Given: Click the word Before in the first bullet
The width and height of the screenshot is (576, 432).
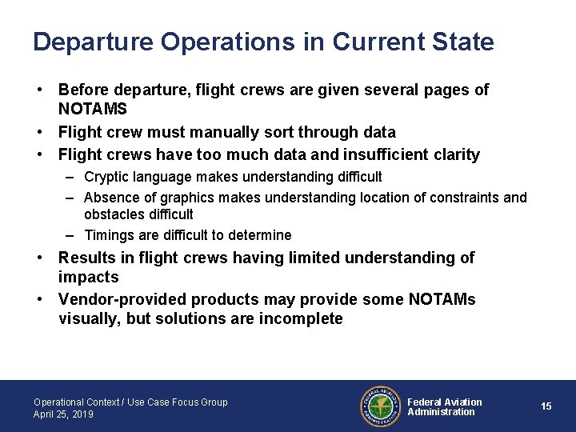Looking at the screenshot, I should pyautogui.click(x=84, y=90).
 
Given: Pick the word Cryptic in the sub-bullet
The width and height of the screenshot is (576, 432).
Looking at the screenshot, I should pyautogui.click(x=108, y=176).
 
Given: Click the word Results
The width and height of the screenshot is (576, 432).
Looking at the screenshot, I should pyautogui.click(x=86, y=258).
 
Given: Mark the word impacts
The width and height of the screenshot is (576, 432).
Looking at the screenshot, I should pyautogui.click(x=88, y=278).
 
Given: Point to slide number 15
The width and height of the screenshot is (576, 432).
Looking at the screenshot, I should pyautogui.click(x=546, y=406).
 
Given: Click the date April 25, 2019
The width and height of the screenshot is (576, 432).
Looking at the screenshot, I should pyautogui.click(x=63, y=414).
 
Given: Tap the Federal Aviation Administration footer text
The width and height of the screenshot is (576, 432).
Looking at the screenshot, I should pyautogui.click(x=445, y=406).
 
